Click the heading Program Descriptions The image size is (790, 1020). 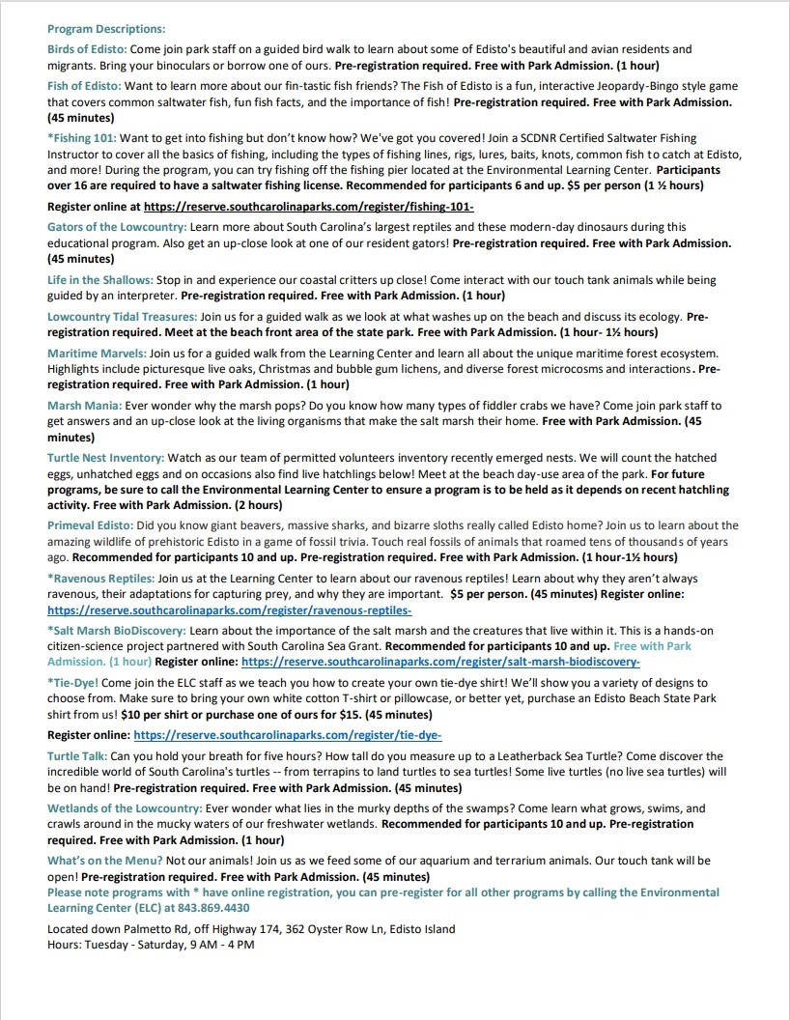[x=106, y=29]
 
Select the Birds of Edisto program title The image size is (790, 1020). [x=87, y=48]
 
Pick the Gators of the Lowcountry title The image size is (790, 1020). [x=116, y=226]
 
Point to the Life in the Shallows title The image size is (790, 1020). [x=99, y=280]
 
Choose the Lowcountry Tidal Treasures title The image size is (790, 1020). [x=122, y=317]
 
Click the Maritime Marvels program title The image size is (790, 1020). [x=97, y=354]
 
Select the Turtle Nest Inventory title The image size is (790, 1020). [x=105, y=458]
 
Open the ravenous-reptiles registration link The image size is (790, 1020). [x=230, y=610]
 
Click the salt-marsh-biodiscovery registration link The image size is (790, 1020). [x=440, y=662]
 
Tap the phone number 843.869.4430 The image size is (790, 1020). [x=212, y=908]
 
